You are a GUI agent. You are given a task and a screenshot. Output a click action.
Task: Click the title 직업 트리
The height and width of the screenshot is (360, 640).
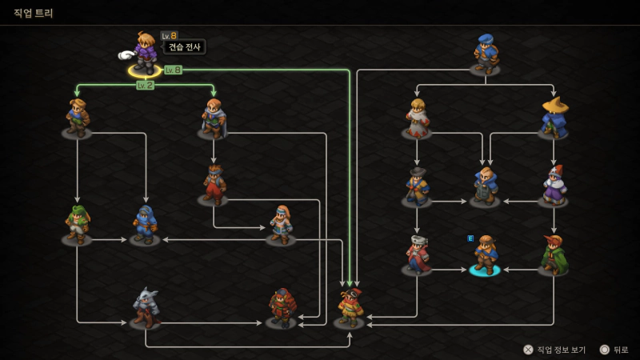34,13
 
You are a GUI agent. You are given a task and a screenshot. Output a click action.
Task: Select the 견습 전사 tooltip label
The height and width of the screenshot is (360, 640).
185,47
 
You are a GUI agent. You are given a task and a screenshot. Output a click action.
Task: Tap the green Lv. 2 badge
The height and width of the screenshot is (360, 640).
146,86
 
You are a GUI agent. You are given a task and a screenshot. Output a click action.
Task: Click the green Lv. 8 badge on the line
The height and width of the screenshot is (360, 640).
173,70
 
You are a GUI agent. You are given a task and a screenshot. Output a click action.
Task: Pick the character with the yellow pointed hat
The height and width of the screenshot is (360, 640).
554,117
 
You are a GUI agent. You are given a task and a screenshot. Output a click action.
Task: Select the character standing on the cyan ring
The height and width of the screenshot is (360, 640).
486,254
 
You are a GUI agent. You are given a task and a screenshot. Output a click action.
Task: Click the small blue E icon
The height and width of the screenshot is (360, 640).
470,238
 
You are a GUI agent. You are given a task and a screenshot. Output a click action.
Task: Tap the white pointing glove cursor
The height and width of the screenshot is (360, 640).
126,54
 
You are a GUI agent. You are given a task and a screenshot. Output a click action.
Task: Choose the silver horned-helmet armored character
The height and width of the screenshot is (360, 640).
146,307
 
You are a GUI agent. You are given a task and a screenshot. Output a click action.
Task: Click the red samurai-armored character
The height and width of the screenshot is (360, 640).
282,307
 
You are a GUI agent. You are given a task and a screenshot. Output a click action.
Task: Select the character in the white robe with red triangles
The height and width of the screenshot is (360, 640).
417,118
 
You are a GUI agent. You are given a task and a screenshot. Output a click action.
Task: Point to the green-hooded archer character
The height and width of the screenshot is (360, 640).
78,225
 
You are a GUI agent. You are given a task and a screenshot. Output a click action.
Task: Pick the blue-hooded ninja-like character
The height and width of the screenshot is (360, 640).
146,225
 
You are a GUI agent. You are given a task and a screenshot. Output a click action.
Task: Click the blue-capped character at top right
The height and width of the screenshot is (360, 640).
486,54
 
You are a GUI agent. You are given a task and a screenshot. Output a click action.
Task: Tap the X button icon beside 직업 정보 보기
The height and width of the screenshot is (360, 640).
528,350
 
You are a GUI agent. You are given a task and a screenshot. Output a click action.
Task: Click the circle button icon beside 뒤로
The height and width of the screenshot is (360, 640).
605,350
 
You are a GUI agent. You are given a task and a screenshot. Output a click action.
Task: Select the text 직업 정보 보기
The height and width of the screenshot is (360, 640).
562,350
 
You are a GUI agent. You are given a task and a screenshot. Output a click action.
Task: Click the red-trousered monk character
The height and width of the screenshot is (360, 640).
214,185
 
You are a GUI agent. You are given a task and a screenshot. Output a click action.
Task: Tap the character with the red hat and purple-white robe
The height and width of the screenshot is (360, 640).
554,186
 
